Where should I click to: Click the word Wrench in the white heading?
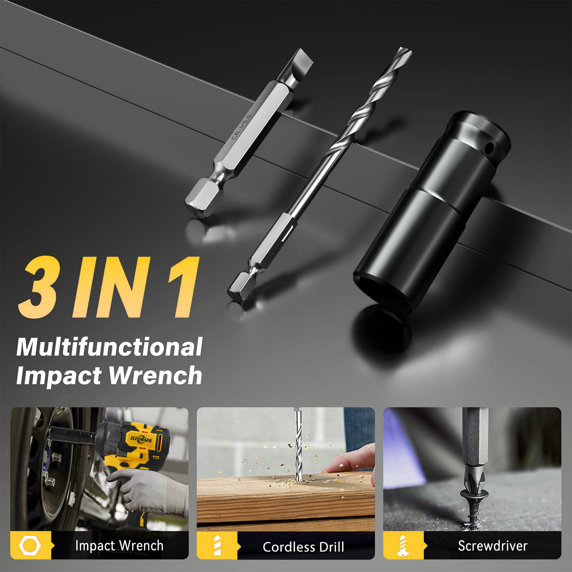[x=155, y=375]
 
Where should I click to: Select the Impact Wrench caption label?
[x=119, y=546]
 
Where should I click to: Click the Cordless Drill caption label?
[x=304, y=547]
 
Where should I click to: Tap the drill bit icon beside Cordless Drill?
[x=217, y=546]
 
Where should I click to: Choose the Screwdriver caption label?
[x=493, y=546]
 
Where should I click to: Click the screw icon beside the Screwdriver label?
[x=403, y=546]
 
